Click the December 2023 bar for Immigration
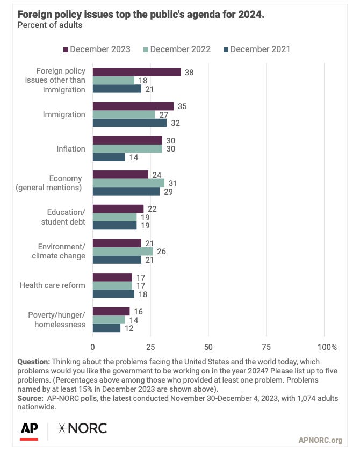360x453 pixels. (133, 106)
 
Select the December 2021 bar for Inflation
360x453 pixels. (109, 157)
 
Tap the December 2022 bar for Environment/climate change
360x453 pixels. (123, 251)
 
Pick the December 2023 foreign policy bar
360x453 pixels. (136, 71)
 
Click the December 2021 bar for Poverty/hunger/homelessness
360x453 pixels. (106, 328)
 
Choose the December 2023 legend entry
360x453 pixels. (97, 49)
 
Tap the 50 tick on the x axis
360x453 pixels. (208, 347)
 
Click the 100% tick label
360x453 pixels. (327, 347)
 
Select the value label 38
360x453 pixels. (189, 71)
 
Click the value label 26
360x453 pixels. (161, 251)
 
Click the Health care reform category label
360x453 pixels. (52, 285)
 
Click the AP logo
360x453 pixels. (29, 429)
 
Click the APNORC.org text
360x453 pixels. (320, 441)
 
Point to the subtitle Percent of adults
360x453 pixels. (49, 25)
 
